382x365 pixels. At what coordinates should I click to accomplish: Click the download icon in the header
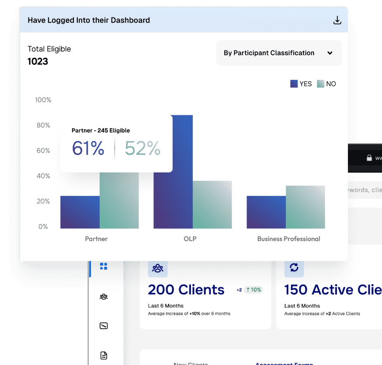337,20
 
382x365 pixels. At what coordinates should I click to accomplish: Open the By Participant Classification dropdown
278,53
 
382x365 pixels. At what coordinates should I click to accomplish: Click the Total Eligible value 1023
38,62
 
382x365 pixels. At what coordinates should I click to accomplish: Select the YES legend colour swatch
294,84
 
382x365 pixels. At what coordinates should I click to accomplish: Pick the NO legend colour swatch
321,84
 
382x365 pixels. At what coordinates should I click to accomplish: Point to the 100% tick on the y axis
43,100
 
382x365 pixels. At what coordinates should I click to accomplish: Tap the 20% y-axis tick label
43,201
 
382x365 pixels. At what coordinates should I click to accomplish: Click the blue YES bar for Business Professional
266,212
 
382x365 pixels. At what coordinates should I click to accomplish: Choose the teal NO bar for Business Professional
305,207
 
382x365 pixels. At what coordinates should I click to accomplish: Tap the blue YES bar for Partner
80,212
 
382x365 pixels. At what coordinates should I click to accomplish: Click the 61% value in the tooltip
88,149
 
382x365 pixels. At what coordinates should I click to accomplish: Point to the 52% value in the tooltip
142,149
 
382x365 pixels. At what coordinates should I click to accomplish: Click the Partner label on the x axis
96,239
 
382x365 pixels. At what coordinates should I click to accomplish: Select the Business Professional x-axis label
288,239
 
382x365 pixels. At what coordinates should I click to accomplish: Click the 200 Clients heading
186,289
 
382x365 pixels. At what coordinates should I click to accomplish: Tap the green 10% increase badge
253,289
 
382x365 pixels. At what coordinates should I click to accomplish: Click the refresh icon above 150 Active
294,268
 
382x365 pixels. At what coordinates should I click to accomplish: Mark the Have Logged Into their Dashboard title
89,20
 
